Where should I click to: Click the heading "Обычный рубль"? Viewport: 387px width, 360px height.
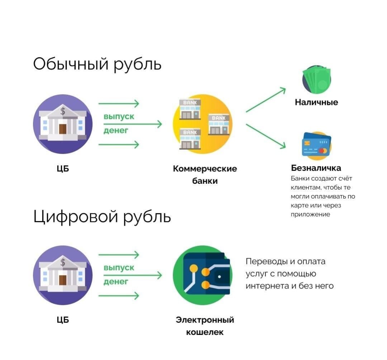click(97, 65)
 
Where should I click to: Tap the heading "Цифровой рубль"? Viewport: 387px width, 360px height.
click(102, 217)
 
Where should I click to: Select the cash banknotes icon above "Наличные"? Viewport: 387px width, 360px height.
click(317, 80)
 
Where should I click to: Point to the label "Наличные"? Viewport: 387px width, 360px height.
click(316, 102)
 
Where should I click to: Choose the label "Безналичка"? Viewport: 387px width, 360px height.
click(316, 168)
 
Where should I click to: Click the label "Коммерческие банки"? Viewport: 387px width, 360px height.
click(205, 174)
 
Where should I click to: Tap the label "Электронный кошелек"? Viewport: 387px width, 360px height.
click(205, 326)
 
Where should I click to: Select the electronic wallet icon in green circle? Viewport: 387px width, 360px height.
click(203, 275)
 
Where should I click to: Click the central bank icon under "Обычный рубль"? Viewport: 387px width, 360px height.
click(63, 124)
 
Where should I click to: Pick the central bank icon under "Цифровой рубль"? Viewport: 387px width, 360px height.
click(63, 275)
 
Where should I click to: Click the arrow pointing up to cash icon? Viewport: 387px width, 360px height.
click(266, 100)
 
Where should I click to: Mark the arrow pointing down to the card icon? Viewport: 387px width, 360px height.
click(266, 136)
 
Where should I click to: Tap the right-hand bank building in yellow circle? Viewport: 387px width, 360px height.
click(219, 124)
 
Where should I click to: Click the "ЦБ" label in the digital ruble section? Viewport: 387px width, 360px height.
click(63, 320)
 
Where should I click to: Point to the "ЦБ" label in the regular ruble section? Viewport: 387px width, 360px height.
click(63, 168)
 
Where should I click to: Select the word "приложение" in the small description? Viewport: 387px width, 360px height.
click(310, 215)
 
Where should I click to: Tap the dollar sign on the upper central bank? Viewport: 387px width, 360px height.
click(63, 111)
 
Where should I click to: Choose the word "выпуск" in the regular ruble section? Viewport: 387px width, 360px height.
click(119, 116)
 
